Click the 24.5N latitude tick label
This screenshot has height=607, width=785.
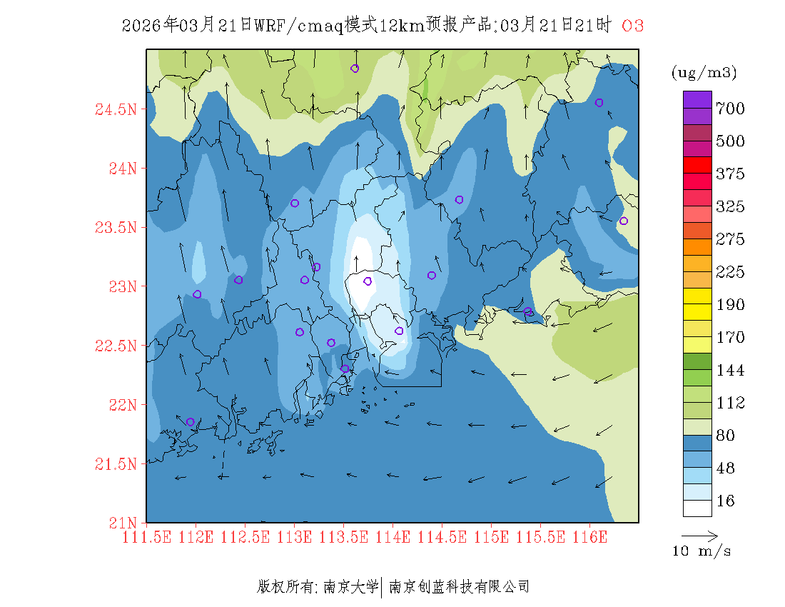pos(115,110)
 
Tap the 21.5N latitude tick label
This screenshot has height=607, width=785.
pos(115,464)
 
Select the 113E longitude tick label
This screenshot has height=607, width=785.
pos(294,537)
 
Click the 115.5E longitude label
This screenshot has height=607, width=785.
pos(540,537)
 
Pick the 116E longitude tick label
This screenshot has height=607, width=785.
pos(589,537)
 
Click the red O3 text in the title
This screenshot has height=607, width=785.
pos(633,26)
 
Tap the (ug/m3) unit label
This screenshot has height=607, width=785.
pos(704,72)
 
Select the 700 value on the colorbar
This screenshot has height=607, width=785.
pos(730,109)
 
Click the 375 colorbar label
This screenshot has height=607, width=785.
pos(730,174)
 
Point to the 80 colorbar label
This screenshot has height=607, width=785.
pos(726,436)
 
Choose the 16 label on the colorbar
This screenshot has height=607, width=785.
pos(726,501)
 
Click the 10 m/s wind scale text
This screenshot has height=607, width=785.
pos(702,551)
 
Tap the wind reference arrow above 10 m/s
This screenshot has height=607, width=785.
pos(699,535)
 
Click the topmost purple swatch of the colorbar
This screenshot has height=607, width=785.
pos(697,99)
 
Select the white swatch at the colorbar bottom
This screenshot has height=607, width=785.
pos(697,508)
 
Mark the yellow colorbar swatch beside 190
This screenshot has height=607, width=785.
pos(697,296)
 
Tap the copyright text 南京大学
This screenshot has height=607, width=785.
pos(350,587)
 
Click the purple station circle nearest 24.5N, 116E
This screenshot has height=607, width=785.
pos(599,103)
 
